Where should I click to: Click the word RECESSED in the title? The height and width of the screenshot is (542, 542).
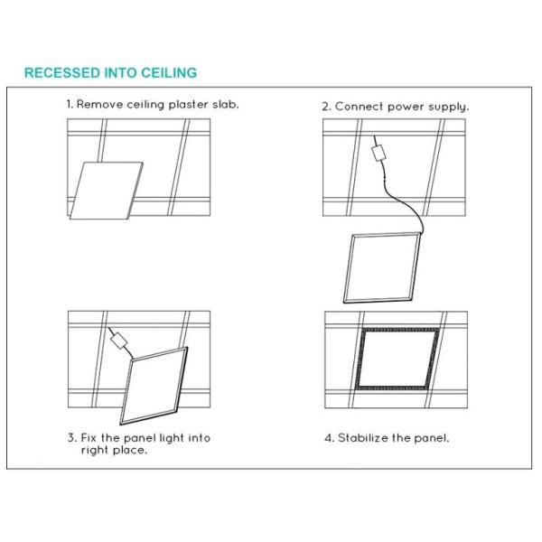pos(61,73)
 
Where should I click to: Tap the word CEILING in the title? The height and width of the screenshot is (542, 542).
pos(169,73)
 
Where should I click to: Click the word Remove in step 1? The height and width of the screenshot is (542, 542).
pos(100,104)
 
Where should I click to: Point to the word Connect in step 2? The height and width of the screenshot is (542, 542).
pos(360,107)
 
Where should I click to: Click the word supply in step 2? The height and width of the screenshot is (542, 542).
pos(448,107)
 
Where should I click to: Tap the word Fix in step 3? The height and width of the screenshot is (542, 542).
pos(89,437)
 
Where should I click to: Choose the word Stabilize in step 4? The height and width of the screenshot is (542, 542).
pos(363,437)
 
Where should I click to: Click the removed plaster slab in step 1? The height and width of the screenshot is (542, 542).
pos(106,191)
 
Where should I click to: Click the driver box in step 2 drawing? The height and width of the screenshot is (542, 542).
pos(378,154)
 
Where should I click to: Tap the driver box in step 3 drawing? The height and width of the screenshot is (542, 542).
pos(118,341)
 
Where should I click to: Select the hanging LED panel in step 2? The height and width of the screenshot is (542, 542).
pos(382,268)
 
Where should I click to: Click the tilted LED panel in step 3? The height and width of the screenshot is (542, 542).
pos(154,386)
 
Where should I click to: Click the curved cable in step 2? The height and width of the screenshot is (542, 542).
pos(404,201)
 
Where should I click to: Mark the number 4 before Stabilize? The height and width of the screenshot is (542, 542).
pos(329,438)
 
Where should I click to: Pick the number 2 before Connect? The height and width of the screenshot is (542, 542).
pos(326,107)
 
